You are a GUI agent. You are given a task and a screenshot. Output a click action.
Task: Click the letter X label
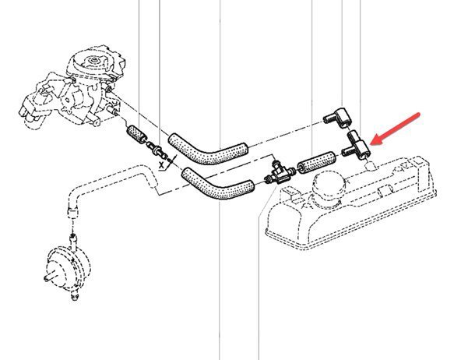click(161, 165)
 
